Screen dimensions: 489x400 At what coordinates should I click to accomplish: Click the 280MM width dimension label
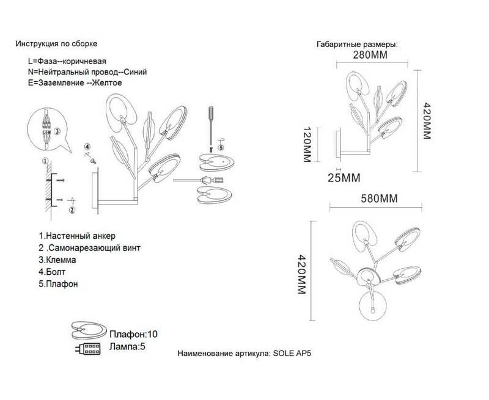tap(370, 55)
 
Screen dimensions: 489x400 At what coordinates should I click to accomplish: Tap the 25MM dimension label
tap(344, 178)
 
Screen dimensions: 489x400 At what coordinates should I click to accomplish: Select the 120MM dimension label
tap(307, 145)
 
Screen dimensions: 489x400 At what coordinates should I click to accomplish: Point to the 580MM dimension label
tap(379, 198)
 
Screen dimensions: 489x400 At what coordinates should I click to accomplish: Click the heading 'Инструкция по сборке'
tap(56, 43)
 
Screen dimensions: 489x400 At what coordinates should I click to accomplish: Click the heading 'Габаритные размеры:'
tap(358, 45)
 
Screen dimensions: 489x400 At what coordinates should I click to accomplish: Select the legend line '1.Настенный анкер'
tap(77, 236)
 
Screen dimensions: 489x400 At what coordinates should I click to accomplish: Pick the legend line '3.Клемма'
tap(57, 260)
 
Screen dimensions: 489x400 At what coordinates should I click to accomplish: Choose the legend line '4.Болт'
tap(52, 272)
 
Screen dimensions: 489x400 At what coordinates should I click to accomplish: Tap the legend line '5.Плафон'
tap(58, 284)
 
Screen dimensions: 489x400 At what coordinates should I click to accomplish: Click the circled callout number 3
tap(57, 131)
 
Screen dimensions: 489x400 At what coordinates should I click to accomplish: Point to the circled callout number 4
tap(87, 147)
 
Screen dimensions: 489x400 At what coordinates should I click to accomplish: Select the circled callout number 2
tap(72, 210)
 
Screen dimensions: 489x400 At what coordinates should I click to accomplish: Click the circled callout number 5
tap(221, 148)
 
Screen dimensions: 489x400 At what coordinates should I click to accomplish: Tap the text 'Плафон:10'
tap(133, 334)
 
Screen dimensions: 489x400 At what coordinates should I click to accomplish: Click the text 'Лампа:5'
tap(127, 346)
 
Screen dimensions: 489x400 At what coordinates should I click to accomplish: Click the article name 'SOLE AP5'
tap(292, 353)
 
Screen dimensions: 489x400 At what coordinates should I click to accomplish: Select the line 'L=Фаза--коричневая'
tap(67, 61)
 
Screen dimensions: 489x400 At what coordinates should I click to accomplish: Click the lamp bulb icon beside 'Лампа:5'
tap(87, 348)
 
